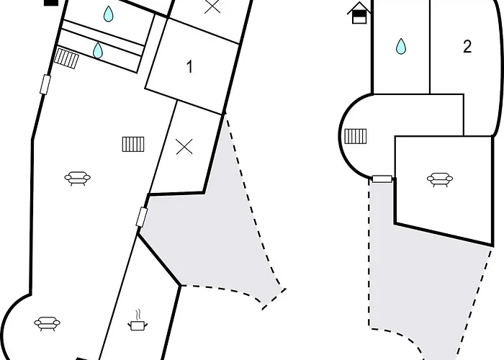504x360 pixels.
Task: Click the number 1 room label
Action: pyautogui.click(x=189, y=67)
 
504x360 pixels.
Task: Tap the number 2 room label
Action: pyautogui.click(x=467, y=47)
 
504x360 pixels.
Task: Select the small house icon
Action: pyautogui.click(x=359, y=13)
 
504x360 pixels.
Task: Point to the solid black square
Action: pyautogui.click(x=51, y=3)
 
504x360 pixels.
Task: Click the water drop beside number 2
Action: pyautogui.click(x=401, y=46)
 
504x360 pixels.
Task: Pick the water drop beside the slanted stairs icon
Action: pyautogui.click(x=98, y=50)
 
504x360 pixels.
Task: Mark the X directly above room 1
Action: pyautogui.click(x=212, y=6)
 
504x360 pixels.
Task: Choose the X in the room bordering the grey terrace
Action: pyautogui.click(x=184, y=147)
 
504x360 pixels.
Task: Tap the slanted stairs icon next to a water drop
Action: pyautogui.click(x=66, y=58)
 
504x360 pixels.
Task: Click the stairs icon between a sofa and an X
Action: pyautogui.click(x=133, y=144)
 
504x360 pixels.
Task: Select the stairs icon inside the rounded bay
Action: pyautogui.click(x=356, y=136)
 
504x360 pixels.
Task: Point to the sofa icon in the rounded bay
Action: pyautogui.click(x=48, y=323)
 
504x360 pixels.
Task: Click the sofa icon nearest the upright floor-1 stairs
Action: pyautogui.click(x=78, y=179)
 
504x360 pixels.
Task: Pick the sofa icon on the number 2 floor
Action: pyautogui.click(x=440, y=179)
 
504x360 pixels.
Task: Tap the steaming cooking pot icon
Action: pyautogui.click(x=138, y=320)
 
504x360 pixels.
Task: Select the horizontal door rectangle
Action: pyautogui.click(x=382, y=179)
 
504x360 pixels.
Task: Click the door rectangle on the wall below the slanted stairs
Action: pyautogui.click(x=45, y=84)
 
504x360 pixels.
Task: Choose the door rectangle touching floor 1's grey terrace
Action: pyautogui.click(x=142, y=217)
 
